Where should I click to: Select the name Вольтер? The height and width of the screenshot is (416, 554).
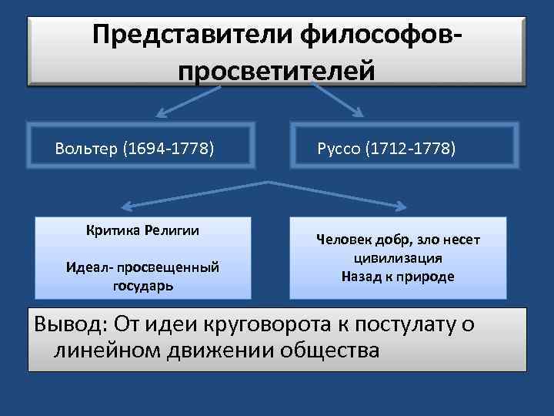click(x=85, y=148)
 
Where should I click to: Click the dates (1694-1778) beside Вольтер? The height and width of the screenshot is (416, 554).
click(x=168, y=148)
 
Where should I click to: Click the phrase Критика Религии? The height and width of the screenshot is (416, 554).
click(x=142, y=230)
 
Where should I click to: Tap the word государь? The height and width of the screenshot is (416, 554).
click(x=142, y=285)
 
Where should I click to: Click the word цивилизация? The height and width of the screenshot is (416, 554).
click(x=398, y=258)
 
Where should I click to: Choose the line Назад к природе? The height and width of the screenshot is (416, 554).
click(x=398, y=276)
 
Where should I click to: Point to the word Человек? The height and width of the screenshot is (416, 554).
click(x=345, y=240)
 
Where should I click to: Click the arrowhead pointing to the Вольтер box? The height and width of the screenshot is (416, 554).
click(x=158, y=112)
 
